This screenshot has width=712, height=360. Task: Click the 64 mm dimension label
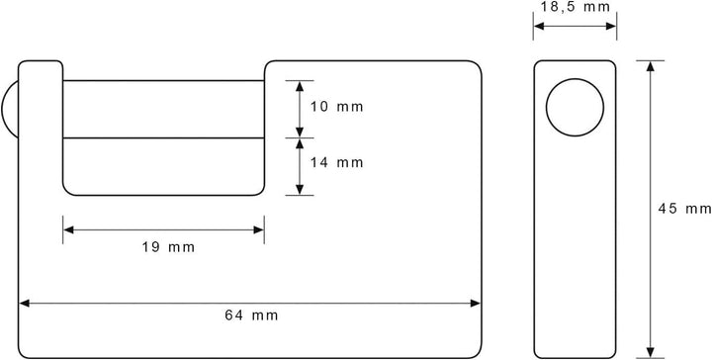[x=251, y=315]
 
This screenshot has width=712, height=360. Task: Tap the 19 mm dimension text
[x=168, y=247]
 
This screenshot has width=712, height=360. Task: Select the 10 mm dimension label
[x=337, y=107]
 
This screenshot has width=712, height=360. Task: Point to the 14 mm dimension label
[x=337, y=162]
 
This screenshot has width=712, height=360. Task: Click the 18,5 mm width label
[x=576, y=7]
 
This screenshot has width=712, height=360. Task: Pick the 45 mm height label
[x=684, y=209]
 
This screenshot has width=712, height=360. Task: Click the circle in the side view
[x=575, y=107]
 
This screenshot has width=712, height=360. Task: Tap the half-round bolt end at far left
[x=10, y=109]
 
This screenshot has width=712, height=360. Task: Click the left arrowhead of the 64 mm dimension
[x=24, y=303]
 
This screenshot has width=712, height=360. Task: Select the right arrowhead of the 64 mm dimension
[x=475, y=303]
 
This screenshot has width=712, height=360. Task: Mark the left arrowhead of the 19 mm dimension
[x=68, y=229]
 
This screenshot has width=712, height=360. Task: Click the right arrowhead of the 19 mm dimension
[x=258, y=229]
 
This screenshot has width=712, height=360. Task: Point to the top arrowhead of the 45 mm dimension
[x=651, y=66]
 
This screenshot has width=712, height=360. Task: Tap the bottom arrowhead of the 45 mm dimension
[x=651, y=352]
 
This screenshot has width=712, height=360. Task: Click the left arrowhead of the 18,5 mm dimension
[x=539, y=26]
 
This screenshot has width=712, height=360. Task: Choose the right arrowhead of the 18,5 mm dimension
[x=611, y=26]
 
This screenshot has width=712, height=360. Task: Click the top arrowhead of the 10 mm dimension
[x=300, y=86]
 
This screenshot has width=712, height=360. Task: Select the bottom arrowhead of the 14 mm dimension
[x=300, y=190]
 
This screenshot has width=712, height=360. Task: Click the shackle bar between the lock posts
[x=163, y=109]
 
